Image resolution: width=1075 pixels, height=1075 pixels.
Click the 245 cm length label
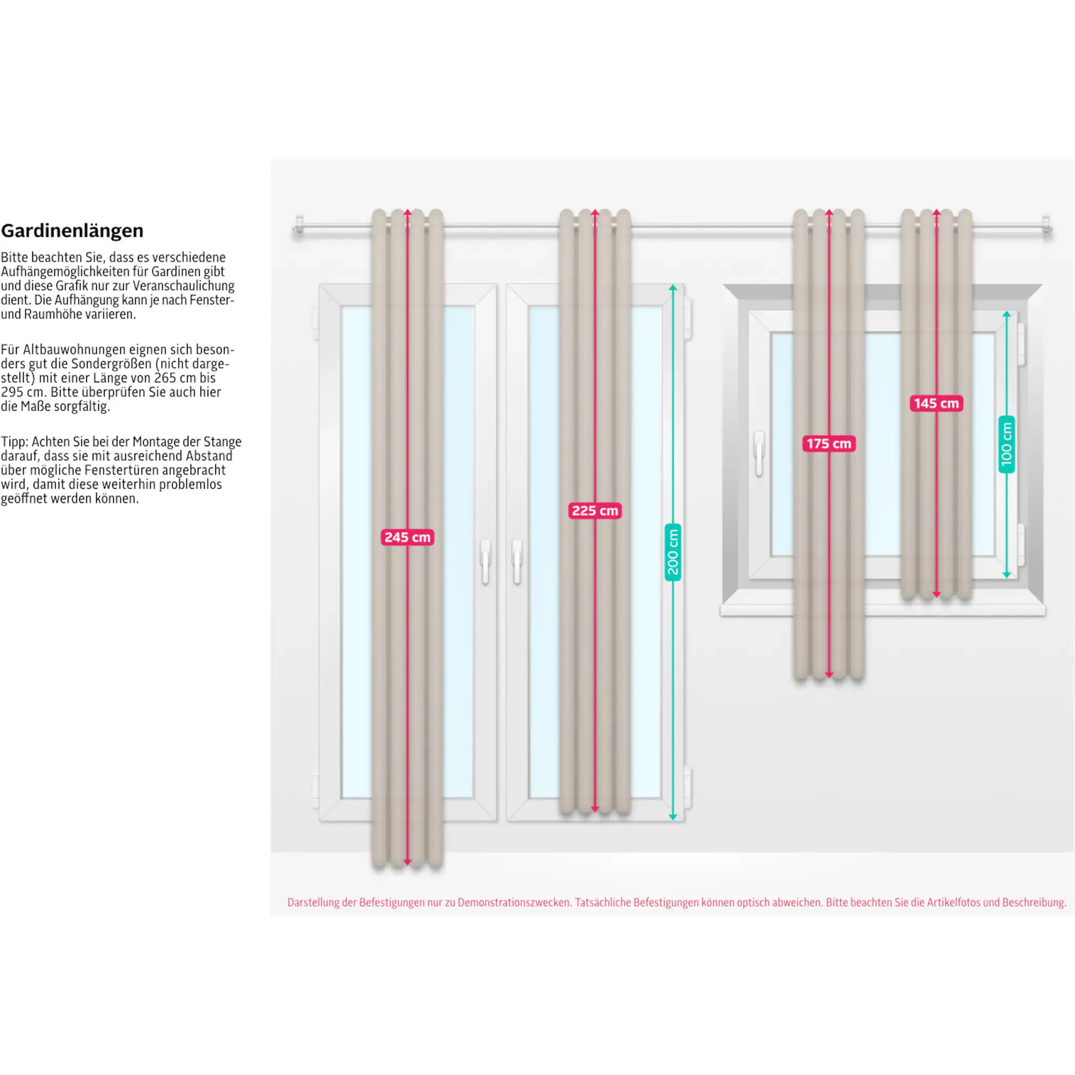pyautogui.click(x=407, y=537)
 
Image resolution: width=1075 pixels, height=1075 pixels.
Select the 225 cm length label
pyautogui.click(x=595, y=511)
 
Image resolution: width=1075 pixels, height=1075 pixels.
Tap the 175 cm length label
pyautogui.click(x=828, y=444)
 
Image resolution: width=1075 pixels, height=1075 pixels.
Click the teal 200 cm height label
pyautogui.click(x=673, y=552)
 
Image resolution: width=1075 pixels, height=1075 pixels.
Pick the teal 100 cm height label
pyautogui.click(x=1007, y=445)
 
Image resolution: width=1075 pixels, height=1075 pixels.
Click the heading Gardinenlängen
pyautogui.click(x=72, y=230)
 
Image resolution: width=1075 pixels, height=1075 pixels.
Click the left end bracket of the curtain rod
pyautogui.click(x=299, y=226)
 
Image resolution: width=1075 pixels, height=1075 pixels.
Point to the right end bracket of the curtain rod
pyautogui.click(x=1046, y=226)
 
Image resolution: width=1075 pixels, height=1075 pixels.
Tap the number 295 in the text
pyautogui.click(x=12, y=392)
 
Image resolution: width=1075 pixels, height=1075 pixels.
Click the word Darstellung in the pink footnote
pyautogui.click(x=313, y=902)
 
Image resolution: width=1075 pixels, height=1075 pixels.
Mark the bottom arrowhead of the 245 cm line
pyautogui.click(x=407, y=862)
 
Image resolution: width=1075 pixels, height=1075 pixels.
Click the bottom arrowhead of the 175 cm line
pyautogui.click(x=829, y=674)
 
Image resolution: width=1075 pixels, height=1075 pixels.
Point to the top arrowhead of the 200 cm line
pyautogui.click(x=673, y=288)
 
